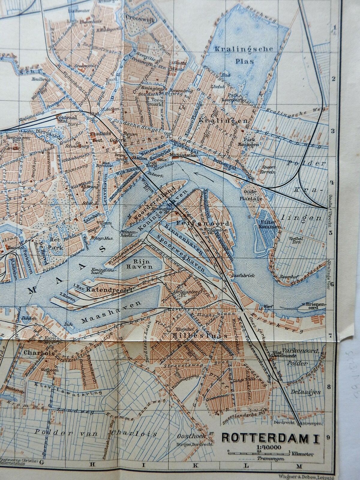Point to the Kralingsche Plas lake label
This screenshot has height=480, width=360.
[243, 55]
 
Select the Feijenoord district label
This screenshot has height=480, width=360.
[211, 223]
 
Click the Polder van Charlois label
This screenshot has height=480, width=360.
[96, 433]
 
